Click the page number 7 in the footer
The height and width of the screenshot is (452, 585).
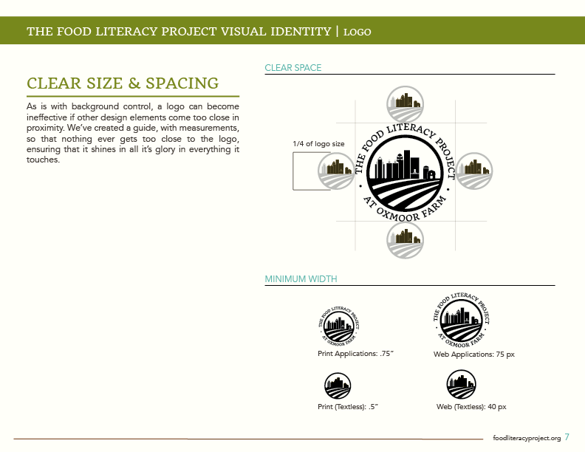pos(567,436)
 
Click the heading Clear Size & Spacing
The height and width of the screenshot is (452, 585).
pos(123,83)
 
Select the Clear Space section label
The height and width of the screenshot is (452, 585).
pos(293,68)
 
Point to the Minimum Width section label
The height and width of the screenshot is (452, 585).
pos(301,279)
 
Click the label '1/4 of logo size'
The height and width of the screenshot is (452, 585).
pos(319,143)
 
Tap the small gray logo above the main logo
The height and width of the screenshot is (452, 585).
pos(406,104)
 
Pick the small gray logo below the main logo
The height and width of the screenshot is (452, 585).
pos(406,239)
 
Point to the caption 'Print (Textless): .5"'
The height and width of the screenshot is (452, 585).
pos(347,407)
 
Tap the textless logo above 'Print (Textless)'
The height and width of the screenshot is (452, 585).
pos(338,385)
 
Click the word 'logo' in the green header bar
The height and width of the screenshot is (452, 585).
pos(357,32)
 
